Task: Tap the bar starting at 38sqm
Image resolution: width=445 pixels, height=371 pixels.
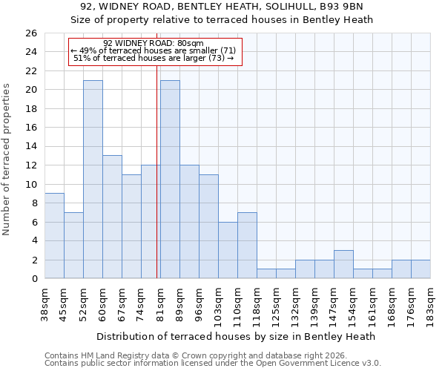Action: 54,236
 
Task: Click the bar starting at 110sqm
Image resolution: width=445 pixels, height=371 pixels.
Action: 247,246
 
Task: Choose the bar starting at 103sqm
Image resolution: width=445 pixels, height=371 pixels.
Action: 228,250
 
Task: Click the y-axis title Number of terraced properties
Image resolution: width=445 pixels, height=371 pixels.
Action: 7,160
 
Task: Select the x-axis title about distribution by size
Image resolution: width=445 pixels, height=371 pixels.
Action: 236,336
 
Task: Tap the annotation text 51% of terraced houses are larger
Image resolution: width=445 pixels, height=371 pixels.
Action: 154,58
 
